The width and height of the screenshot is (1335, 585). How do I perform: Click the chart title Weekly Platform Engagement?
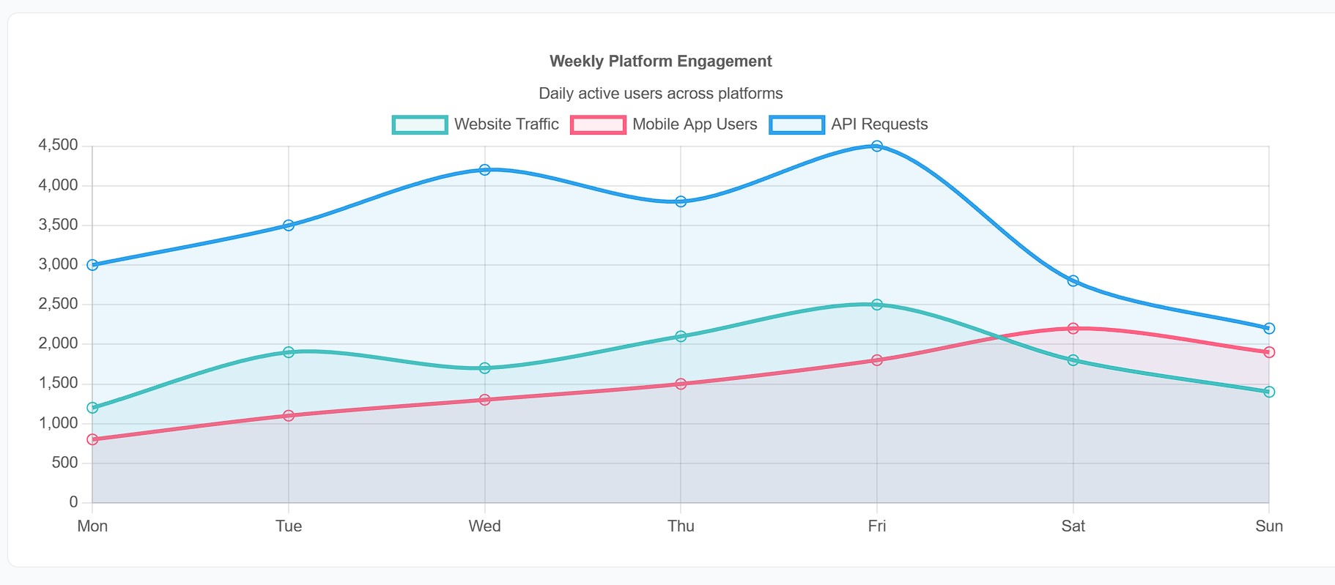point(660,62)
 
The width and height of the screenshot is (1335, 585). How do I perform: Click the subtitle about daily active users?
point(660,94)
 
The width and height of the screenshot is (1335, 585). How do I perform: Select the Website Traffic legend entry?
point(476,124)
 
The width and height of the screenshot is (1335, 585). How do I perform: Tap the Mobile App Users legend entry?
point(665,124)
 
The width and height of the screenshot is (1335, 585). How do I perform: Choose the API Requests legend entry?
point(849,124)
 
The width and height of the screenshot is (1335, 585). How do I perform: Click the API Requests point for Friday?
point(877,146)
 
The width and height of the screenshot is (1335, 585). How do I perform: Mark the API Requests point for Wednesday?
point(484,170)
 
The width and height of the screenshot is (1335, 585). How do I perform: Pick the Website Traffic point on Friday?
point(877,305)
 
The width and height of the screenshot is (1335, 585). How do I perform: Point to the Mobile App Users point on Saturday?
point(1073,329)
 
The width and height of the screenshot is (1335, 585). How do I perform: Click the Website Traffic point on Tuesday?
point(289,352)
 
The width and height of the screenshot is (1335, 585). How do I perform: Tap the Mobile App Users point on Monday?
point(92,439)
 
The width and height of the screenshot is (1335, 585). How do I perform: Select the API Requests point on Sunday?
point(1269,329)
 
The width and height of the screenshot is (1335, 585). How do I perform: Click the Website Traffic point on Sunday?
point(1269,392)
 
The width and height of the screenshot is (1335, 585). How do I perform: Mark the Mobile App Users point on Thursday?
point(681,384)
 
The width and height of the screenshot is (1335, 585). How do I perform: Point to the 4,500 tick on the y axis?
point(58,145)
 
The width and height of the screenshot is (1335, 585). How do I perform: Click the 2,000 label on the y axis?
point(58,343)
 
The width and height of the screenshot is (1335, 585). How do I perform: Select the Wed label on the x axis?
point(484,526)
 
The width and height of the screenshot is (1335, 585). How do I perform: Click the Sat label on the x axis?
point(1073,526)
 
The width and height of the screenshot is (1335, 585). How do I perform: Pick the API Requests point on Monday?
point(92,265)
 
